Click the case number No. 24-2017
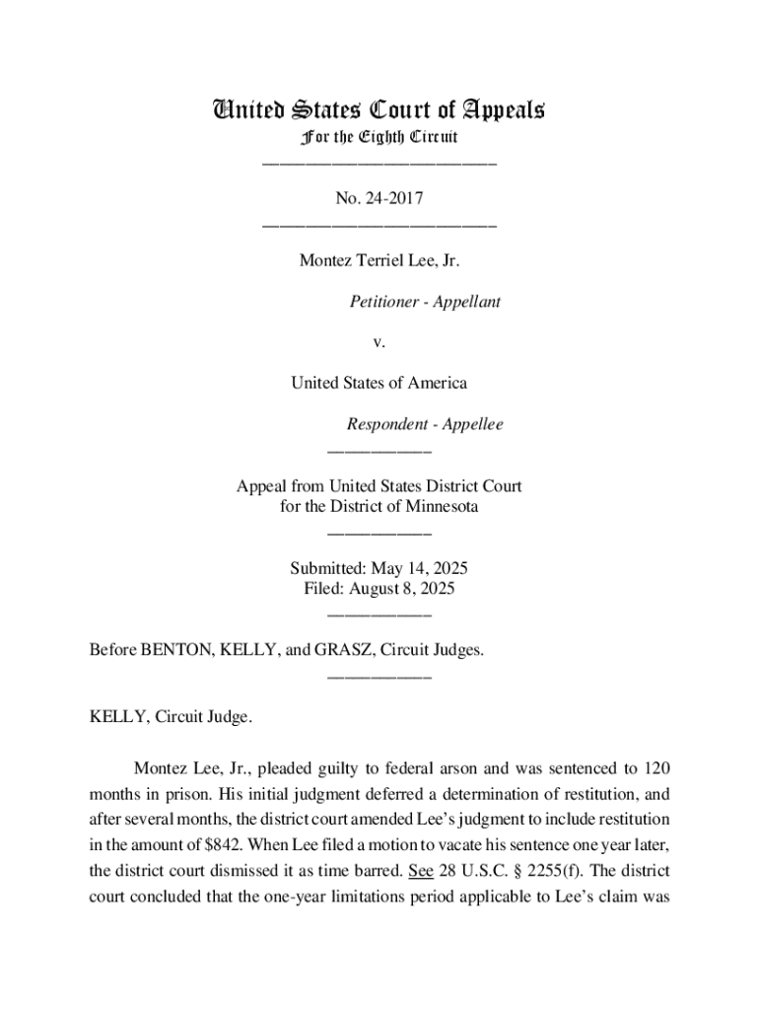(379, 199)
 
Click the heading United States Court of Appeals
(379, 109)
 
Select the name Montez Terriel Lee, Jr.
(379, 261)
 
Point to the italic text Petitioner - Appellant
(425, 302)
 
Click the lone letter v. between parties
(379, 342)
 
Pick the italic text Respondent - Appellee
(424, 424)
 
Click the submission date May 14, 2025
(419, 569)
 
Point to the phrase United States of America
(379, 383)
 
